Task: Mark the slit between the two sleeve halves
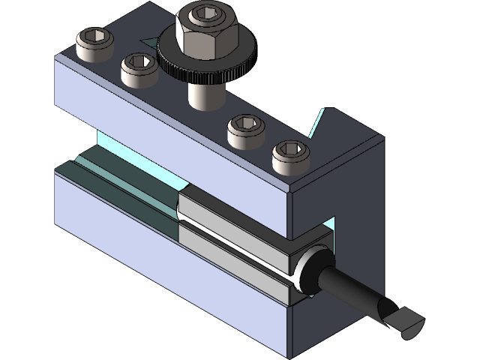pyautogui.click(x=232, y=233)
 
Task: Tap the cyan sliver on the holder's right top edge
pyautogui.click(x=318, y=124)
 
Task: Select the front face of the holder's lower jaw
pyautogui.click(x=150, y=262)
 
